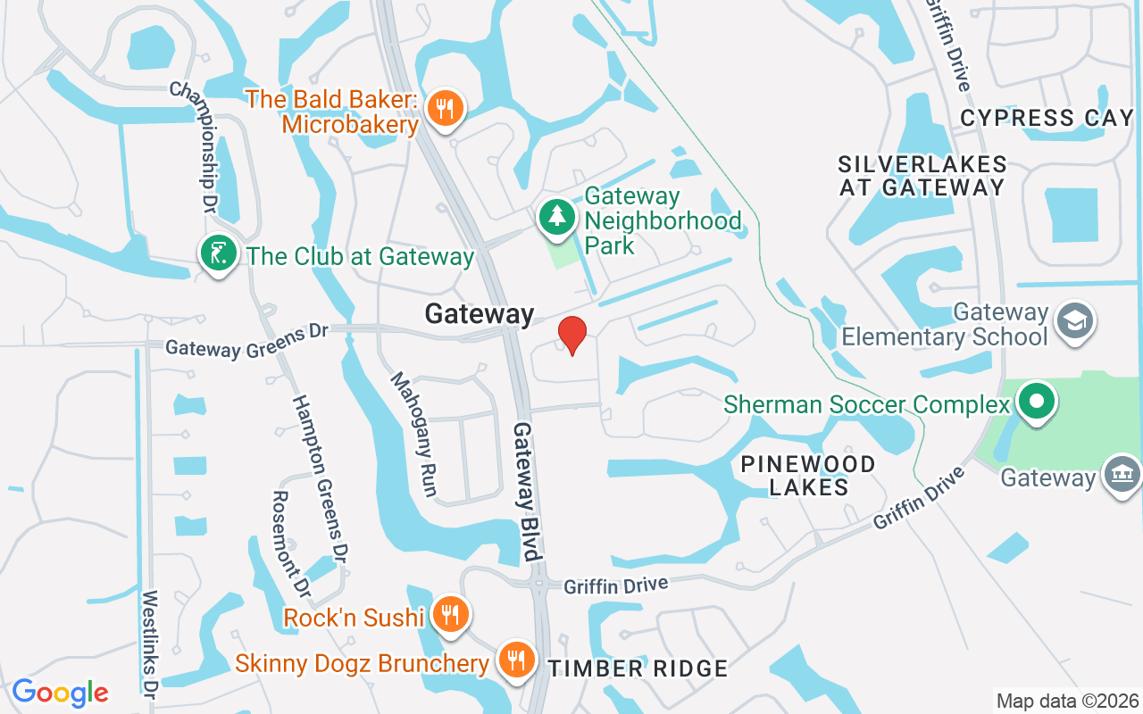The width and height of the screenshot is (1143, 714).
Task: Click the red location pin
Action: [571, 336]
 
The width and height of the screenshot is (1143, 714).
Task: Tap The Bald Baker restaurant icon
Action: [444, 109]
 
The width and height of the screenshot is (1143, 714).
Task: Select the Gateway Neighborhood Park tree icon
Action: [558, 217]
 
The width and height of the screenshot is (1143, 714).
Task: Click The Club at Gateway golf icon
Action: [218, 254]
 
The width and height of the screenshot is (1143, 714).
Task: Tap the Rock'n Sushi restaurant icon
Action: [450, 614]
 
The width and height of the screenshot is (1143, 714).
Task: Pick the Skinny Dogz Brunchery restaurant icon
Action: [516, 660]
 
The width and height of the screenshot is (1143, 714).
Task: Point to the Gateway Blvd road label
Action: [528, 491]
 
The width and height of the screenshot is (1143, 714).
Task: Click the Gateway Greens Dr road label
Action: [247, 340]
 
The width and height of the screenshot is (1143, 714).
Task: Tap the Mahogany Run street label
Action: [414, 434]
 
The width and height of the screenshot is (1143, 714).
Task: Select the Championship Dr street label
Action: [196, 147]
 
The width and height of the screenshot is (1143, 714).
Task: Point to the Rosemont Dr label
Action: [291, 544]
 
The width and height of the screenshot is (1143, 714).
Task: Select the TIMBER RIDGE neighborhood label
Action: [638, 668]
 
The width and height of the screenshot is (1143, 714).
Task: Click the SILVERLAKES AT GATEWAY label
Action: [922, 176]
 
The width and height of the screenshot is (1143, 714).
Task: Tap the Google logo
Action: [60, 693]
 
